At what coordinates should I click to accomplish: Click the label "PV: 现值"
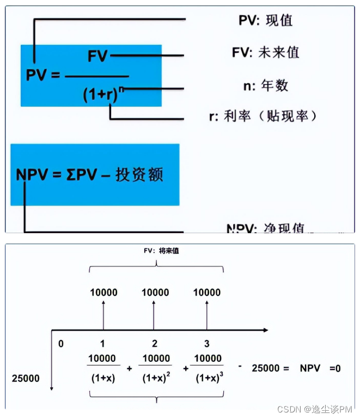point(265,21)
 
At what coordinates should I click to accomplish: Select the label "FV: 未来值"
point(265,53)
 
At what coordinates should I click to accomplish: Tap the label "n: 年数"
point(265,86)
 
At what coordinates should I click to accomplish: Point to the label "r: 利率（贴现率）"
point(270,116)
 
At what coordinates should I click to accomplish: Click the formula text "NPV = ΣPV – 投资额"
point(90,175)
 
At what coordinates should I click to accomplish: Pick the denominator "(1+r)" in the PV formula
point(101,94)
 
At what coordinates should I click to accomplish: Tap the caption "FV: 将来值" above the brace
point(156,251)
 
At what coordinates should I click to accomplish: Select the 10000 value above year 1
point(103,293)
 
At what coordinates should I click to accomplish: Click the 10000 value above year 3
point(207,293)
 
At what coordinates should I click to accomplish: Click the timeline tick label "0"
point(61,344)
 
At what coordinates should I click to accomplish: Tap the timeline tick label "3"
point(206,344)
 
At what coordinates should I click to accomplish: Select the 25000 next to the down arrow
point(26,378)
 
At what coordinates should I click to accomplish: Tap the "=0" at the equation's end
point(334,368)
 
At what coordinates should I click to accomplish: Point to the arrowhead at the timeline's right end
point(265,330)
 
